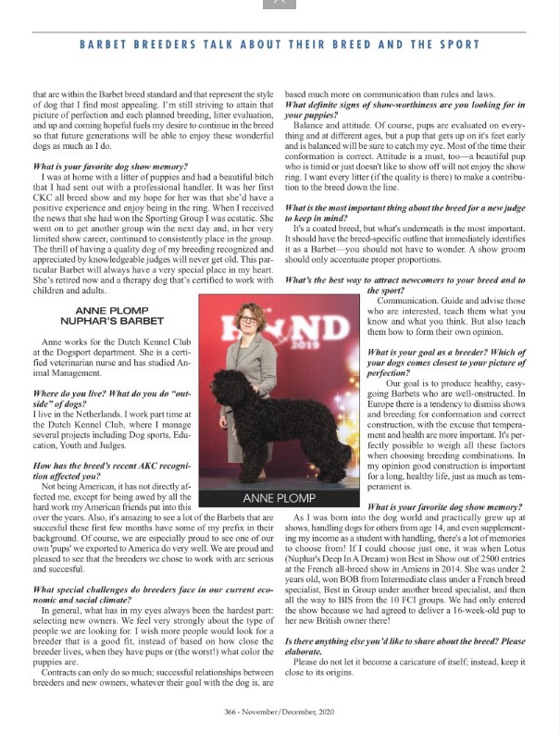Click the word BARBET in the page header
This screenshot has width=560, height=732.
(106, 43)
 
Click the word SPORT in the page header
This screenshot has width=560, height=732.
(456, 43)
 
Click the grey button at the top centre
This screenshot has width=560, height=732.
(280, 4)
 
